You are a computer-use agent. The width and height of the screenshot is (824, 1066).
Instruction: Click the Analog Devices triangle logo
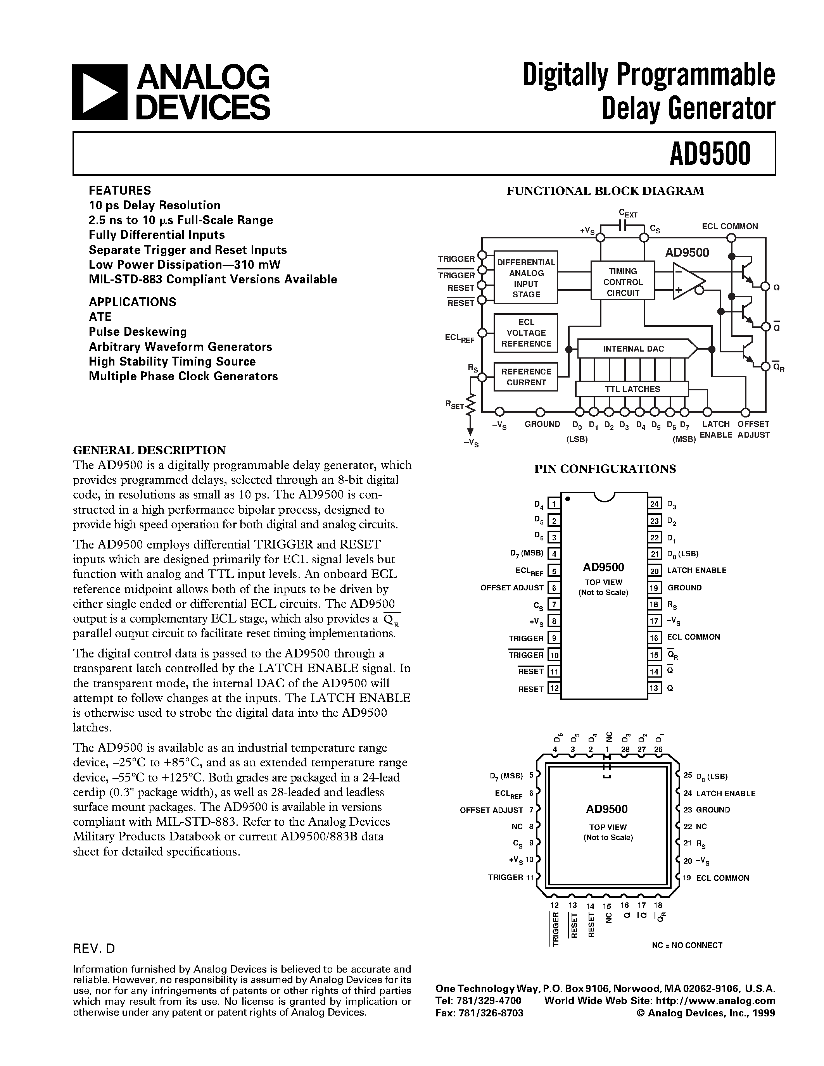(x=100, y=92)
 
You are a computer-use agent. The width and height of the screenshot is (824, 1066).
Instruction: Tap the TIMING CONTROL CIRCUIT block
(x=622, y=282)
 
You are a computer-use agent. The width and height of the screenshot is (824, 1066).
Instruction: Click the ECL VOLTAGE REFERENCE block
(x=526, y=333)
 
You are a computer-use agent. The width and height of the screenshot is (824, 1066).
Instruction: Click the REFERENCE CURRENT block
(x=526, y=377)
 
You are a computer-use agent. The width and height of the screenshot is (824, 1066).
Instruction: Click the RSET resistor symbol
(x=470, y=404)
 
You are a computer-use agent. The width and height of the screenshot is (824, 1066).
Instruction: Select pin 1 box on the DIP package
(x=554, y=504)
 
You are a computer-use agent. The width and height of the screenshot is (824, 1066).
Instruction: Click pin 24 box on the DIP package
(x=655, y=504)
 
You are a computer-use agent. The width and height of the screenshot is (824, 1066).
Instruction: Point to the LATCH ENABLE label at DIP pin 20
(x=696, y=570)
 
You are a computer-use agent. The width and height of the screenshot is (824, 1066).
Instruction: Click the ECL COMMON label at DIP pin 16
(x=693, y=637)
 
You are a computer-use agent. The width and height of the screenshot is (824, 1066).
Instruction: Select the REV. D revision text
(x=94, y=949)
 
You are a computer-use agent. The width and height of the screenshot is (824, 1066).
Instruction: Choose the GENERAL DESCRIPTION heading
(x=149, y=450)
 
